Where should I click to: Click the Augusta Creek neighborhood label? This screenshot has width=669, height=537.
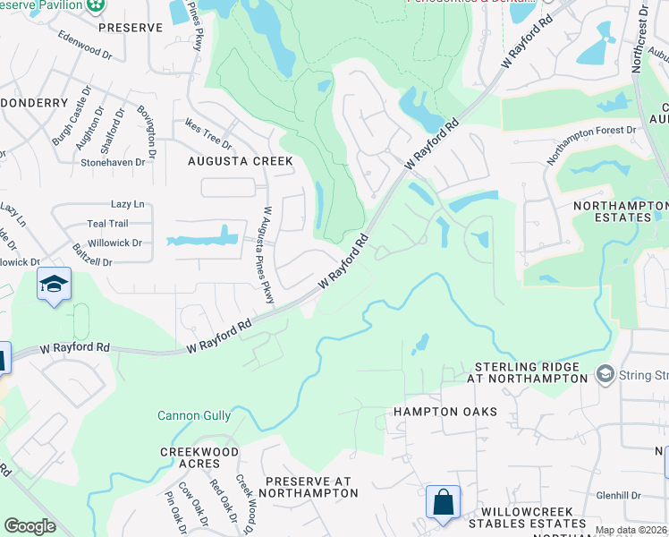(240, 161)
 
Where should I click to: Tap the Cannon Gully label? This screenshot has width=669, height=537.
(194, 415)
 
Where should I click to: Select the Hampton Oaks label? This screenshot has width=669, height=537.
(445, 412)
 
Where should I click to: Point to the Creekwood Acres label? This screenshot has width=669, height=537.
(190, 457)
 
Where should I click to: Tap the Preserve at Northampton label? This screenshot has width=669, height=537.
(311, 487)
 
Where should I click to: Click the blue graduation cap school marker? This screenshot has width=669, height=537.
(54, 285)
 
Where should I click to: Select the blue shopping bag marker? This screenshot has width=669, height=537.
(443, 503)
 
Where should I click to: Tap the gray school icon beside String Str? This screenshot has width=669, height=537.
(605, 372)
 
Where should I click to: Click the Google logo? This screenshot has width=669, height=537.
(30, 526)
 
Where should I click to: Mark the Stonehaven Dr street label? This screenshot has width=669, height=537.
(113, 163)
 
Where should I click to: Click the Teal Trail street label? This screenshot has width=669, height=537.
(107, 224)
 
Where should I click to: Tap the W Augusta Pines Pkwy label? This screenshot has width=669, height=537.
(267, 255)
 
